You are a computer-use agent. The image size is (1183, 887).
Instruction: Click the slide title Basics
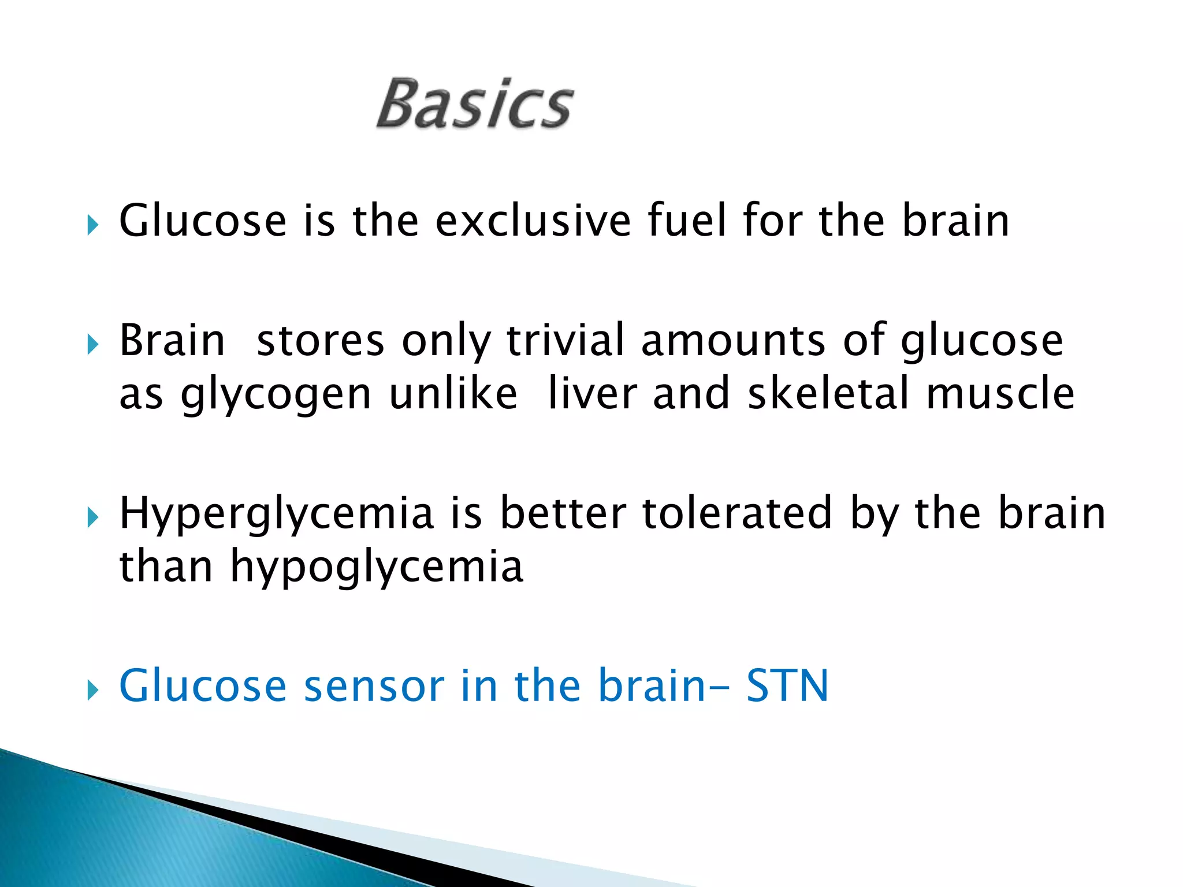click(475, 104)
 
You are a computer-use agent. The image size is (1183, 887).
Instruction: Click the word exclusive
click(533, 221)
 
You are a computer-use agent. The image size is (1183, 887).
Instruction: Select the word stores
click(321, 340)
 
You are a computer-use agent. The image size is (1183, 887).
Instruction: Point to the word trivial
click(566, 340)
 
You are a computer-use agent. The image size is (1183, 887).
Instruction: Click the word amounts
click(734, 340)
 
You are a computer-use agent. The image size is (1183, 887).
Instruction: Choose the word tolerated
click(736, 513)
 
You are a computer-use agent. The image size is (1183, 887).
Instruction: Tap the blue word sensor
click(374, 686)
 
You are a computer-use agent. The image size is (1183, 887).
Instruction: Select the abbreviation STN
click(787, 686)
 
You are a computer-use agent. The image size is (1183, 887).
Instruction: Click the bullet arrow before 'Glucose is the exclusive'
click(92, 225)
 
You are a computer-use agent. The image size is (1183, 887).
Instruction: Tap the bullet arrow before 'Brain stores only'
click(92, 345)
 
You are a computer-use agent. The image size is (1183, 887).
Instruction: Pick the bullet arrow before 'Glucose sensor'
click(92, 690)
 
